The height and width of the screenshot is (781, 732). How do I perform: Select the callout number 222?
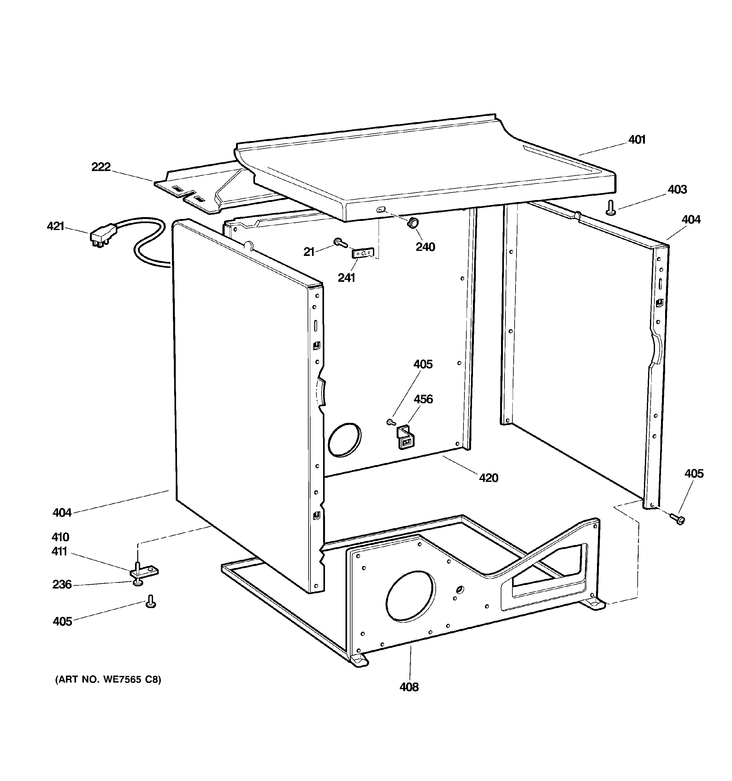coord(101,167)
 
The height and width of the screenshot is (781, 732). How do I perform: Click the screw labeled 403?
coord(611,208)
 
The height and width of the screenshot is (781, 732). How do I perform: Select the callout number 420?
coord(488,478)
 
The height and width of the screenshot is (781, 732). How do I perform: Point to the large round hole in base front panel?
coord(410,597)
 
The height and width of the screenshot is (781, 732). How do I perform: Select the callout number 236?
coord(62,585)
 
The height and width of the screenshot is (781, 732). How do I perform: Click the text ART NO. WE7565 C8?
coord(108,679)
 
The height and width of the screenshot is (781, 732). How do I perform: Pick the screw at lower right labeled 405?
coord(677,519)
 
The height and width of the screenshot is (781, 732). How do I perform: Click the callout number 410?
coord(60,537)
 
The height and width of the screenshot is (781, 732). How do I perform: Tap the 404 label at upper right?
coord(691,220)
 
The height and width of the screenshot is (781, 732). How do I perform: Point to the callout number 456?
coord(423,399)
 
